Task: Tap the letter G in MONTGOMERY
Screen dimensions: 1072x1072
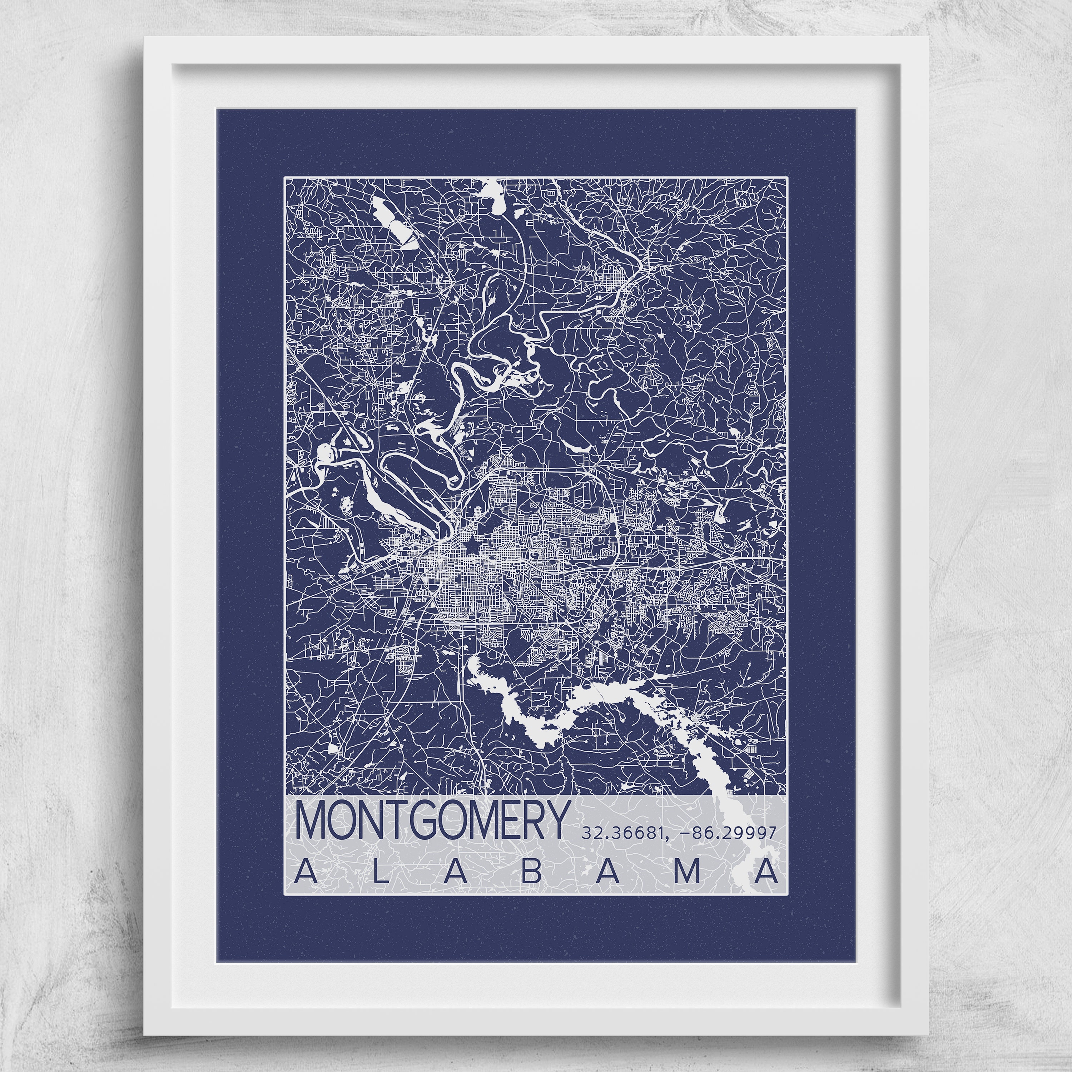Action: (424, 820)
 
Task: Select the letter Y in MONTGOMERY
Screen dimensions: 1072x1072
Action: (558, 820)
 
